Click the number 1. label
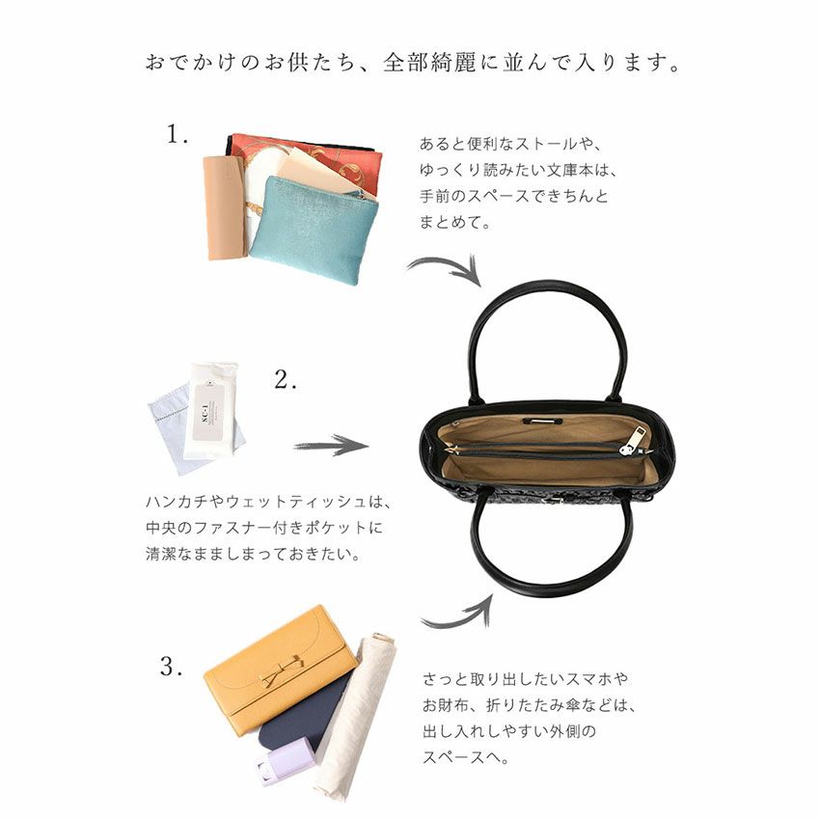(x=177, y=134)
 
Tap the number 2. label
(x=286, y=380)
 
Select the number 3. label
(x=171, y=667)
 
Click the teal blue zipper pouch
(x=313, y=231)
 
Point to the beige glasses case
(x=224, y=208)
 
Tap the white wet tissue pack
(x=211, y=411)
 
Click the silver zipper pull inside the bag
(x=636, y=441)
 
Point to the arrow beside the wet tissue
(x=331, y=446)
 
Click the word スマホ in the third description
(x=589, y=679)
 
